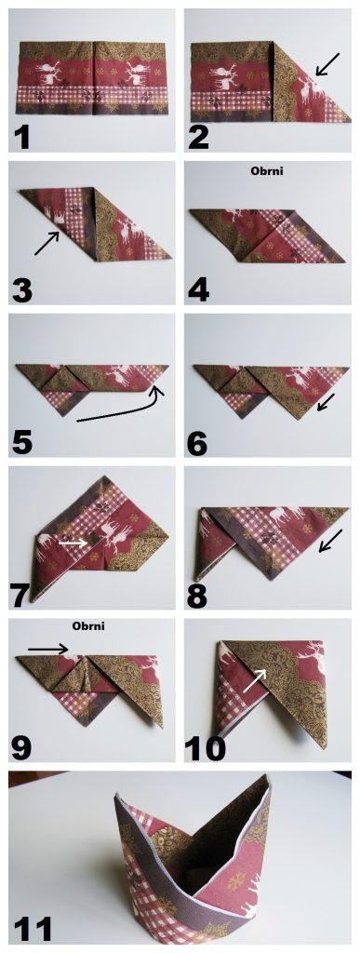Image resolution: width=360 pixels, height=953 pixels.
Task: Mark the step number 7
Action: click(21, 596)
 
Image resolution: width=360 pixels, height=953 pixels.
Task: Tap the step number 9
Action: click(21, 748)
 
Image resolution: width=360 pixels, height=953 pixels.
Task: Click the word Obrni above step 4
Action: click(267, 171)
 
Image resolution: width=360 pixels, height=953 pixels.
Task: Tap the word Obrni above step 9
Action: click(88, 625)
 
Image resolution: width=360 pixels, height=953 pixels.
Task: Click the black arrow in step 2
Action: click(327, 65)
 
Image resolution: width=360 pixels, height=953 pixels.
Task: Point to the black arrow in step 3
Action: click(47, 243)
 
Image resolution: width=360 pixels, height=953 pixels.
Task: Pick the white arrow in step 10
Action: click(255, 680)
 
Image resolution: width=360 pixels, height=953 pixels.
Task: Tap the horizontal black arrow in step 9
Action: click(48, 649)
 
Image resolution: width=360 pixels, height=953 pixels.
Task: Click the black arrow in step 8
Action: click(331, 541)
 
